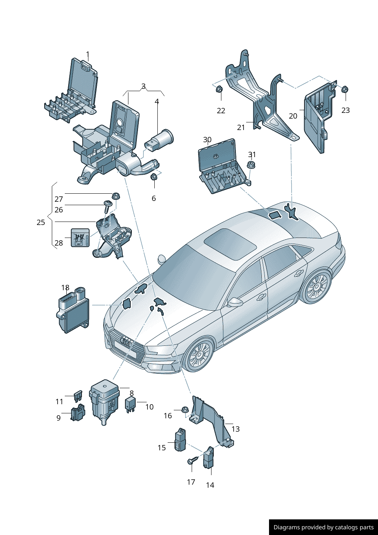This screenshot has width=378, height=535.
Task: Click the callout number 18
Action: [x=65, y=288]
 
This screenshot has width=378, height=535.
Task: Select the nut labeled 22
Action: [x=219, y=90]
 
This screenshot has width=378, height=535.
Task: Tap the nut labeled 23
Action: [x=344, y=90]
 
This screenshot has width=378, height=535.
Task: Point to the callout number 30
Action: [x=207, y=140]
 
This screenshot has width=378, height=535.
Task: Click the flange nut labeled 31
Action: [x=251, y=165]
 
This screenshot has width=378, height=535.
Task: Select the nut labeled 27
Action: [x=115, y=196]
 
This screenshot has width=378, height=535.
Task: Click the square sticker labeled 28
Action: [x=80, y=238]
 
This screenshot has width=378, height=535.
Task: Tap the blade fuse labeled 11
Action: [x=78, y=396]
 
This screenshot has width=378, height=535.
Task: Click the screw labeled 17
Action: [x=192, y=461]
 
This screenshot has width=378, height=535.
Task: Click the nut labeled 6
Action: [x=154, y=177]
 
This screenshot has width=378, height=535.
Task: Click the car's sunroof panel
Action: [x=230, y=244]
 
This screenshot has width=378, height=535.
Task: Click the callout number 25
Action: [x=41, y=222]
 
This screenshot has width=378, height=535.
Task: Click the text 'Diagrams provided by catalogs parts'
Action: [x=323, y=527]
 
